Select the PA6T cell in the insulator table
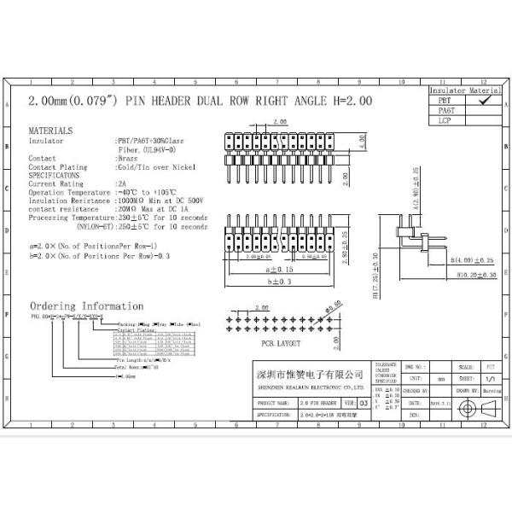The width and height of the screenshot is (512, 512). tap(445, 110)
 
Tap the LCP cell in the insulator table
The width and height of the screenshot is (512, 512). tap(445, 120)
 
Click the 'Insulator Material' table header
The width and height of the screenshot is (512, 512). tap(464, 90)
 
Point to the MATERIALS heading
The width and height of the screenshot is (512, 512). tap(51, 131)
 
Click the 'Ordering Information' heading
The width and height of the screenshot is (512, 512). tap(87, 306)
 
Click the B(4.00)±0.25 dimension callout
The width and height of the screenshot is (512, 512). tap(473, 259)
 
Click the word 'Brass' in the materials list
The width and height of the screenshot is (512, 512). tap(127, 159)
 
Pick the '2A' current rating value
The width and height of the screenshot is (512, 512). tap(121, 183)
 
